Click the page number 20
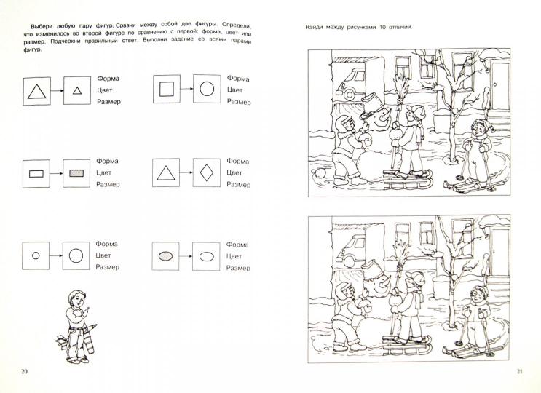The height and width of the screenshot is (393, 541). pyautogui.click(x=24, y=371)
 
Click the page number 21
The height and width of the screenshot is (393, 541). pyautogui.click(x=520, y=371)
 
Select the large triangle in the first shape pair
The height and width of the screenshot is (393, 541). pyautogui.click(x=36, y=92)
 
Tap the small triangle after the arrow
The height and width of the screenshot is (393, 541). pyautogui.click(x=77, y=91)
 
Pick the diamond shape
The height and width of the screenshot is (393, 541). pyautogui.click(x=207, y=172)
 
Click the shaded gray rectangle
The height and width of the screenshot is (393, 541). pyautogui.click(x=76, y=173)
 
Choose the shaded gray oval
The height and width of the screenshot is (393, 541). pyautogui.click(x=165, y=255)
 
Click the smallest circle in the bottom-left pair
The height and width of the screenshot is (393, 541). pyautogui.click(x=36, y=255)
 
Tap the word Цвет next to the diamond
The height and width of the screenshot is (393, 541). pyautogui.click(x=234, y=172)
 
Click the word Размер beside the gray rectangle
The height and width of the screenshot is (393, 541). pyautogui.click(x=108, y=184)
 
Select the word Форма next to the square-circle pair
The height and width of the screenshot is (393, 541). pyautogui.click(x=238, y=79)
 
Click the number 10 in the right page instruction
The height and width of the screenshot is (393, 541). pyautogui.click(x=383, y=27)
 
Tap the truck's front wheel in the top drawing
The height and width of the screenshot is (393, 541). pyautogui.click(x=350, y=93)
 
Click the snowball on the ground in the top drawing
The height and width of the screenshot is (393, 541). pyautogui.click(x=318, y=173)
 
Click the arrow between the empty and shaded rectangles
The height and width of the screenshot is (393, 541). pyautogui.click(x=57, y=173)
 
